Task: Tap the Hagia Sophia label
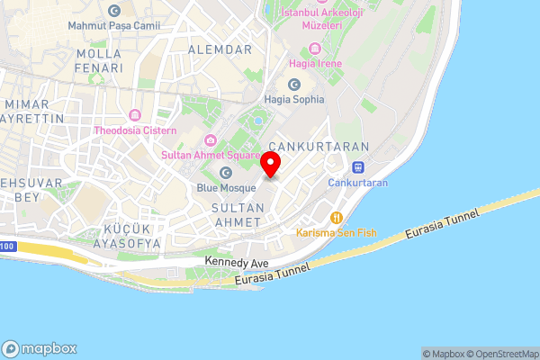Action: (x=292, y=99)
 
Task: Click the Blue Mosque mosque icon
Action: (x=225, y=172)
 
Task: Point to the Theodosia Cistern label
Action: (x=137, y=130)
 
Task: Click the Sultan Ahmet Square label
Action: (x=210, y=155)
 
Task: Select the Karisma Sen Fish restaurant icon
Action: (x=336, y=217)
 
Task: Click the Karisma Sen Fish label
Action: (x=336, y=232)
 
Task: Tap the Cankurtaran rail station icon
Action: (x=357, y=166)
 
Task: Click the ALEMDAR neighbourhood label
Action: (x=220, y=49)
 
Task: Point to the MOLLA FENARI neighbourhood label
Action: (x=100, y=60)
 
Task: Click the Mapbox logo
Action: (x=39, y=348)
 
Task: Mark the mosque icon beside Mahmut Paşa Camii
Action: (x=113, y=11)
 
